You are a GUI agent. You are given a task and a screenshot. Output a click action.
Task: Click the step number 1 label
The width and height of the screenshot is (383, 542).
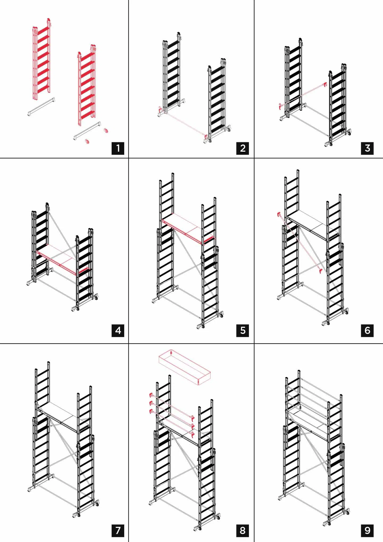pos(118,148)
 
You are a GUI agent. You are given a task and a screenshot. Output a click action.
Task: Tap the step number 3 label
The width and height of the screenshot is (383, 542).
pos(367,148)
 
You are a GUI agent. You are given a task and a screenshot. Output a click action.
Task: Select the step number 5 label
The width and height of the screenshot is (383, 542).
pos(243,330)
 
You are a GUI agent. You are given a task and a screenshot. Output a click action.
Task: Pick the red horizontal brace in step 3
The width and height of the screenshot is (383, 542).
pos(303,96)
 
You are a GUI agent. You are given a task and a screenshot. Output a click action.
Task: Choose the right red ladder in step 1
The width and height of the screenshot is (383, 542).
pos(87,85)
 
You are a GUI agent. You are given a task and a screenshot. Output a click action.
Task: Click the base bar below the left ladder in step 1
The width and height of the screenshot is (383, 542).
pos(41,107)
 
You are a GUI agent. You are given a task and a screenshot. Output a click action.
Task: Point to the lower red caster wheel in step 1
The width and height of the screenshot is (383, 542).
pos(87,141)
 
